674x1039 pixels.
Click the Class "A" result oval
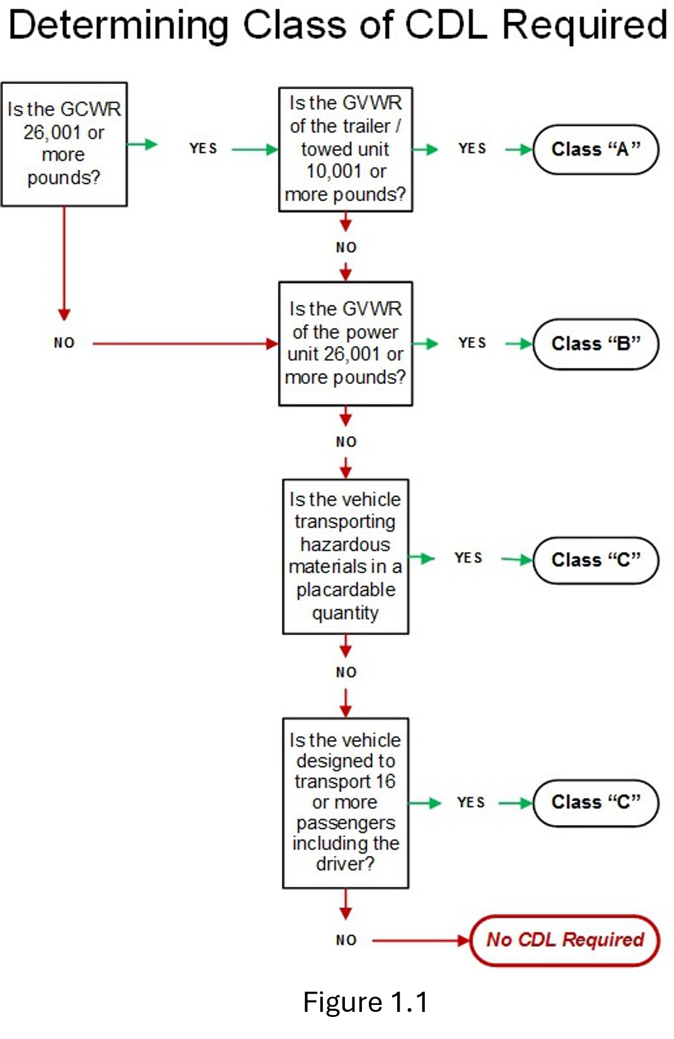coord(596,150)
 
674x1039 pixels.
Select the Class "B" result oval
coord(596,344)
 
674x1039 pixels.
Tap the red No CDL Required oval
coord(565,940)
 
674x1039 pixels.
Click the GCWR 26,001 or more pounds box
coord(64,144)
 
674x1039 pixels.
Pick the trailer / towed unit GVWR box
coord(346,149)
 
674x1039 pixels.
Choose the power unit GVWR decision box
coord(346,343)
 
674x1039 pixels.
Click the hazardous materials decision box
coord(346,556)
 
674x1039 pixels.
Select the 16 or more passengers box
coord(346,802)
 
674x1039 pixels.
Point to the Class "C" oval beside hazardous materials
coord(596,560)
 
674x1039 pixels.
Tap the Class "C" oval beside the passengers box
coord(596,802)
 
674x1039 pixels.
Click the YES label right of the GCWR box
coord(203,149)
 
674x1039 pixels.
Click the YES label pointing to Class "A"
coord(472,149)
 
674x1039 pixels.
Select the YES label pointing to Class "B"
coord(472,343)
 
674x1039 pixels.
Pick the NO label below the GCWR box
coord(64,343)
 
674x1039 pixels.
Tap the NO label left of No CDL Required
coord(346,941)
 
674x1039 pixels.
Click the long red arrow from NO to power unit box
coord(183,344)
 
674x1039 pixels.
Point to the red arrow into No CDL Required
coord(419,941)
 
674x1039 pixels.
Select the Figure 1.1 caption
coord(365,1001)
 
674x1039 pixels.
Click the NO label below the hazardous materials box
coord(346,672)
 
